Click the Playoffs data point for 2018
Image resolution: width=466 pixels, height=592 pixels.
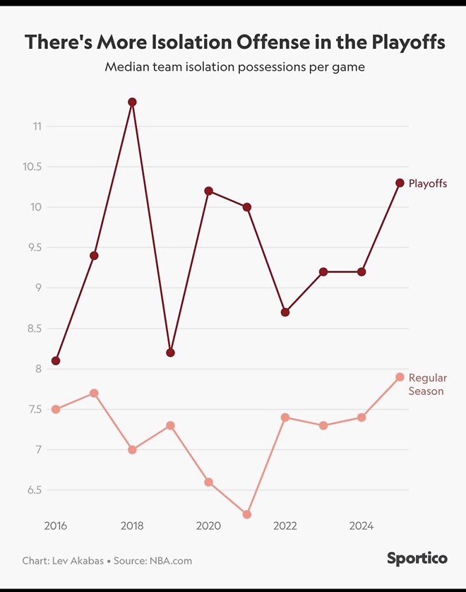tap(132, 102)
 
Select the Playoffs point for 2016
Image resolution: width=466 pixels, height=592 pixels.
tap(56, 360)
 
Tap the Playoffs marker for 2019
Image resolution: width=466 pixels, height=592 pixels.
tap(170, 353)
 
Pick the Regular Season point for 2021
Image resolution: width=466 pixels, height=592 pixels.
tap(246, 514)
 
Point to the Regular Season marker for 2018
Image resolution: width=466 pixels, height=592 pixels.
tap(132, 449)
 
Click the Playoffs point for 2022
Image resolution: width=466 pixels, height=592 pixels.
tap(285, 312)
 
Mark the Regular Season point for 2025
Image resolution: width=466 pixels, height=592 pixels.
tap(400, 377)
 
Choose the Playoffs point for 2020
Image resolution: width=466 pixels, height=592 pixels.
tap(208, 191)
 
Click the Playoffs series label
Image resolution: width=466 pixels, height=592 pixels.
tap(428, 184)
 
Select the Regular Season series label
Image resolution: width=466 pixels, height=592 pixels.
tap(427, 384)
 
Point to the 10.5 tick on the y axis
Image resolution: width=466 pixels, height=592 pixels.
tap(33, 167)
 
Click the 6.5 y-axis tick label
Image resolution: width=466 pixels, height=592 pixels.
tap(36, 490)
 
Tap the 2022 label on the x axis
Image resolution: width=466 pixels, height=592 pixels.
tap(285, 526)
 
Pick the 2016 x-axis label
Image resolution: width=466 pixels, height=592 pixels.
tap(56, 526)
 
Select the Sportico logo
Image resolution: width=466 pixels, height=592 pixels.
tap(417, 558)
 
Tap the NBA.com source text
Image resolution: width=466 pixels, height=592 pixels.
tap(169, 561)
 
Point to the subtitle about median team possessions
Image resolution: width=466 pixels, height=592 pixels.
tap(234, 68)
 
